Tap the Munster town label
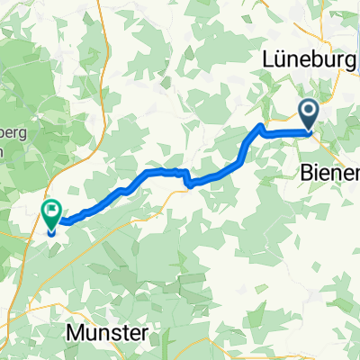[x=108, y=333]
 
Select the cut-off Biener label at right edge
[x=328, y=172]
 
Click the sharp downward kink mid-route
[x=187, y=183]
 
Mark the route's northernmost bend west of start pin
[x=261, y=125]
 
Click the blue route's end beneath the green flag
[x=52, y=231]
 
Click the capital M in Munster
[x=76, y=333]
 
